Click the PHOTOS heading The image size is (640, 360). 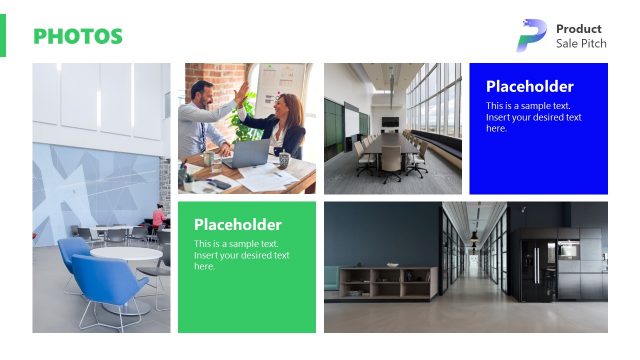(78, 37)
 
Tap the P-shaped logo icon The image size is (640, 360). (531, 35)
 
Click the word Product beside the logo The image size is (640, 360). (578, 29)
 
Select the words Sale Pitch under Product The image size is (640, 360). (581, 44)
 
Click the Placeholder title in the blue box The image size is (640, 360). (529, 87)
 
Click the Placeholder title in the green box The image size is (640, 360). (237, 225)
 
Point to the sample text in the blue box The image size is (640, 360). (534, 116)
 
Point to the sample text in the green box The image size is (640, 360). (242, 255)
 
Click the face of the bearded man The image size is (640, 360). (202, 96)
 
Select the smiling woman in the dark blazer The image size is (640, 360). (283, 123)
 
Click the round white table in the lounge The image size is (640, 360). (125, 255)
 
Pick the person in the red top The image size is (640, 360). (157, 218)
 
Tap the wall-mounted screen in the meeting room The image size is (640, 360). (389, 122)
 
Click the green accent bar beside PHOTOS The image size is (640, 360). (3, 36)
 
